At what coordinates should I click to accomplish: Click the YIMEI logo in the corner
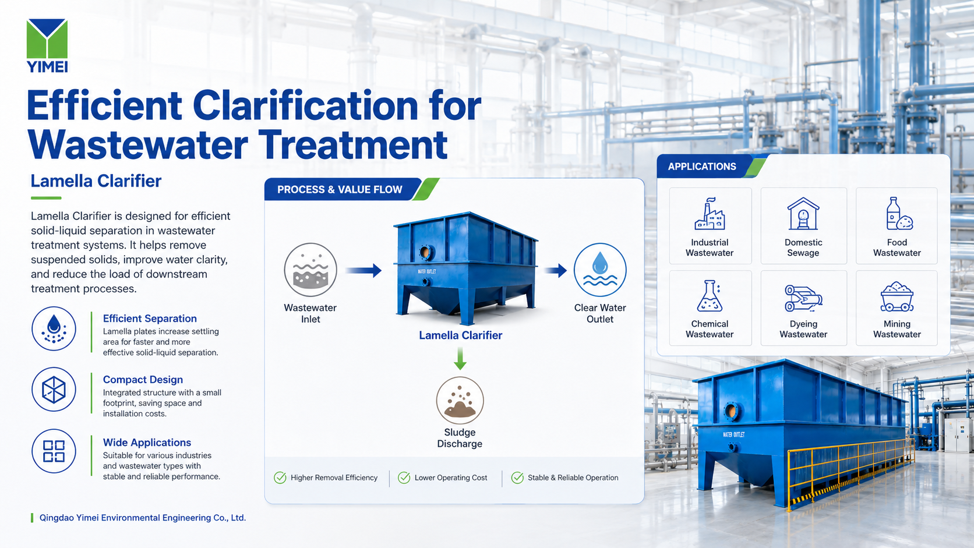[x=47, y=45]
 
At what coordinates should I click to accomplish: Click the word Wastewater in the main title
[x=137, y=144]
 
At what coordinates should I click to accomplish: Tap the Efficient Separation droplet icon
[x=54, y=329]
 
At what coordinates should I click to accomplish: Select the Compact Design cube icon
[x=54, y=390]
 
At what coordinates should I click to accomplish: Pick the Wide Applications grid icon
[x=54, y=451]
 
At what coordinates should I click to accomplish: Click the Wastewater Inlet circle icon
[x=310, y=270]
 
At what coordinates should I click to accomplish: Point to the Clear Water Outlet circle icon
[x=600, y=270]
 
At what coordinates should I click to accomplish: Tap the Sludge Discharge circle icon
[x=460, y=400]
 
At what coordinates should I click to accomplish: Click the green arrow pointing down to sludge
[x=460, y=359]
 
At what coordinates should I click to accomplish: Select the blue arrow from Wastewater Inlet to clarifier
[x=364, y=270]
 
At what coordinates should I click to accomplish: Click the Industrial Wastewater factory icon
[x=710, y=214]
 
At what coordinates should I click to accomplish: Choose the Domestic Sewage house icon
[x=803, y=214]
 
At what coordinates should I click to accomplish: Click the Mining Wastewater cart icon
[x=897, y=297]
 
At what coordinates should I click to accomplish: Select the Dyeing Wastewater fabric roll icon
[x=803, y=298]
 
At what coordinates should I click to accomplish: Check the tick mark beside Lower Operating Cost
[x=404, y=478]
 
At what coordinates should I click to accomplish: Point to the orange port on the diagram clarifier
[x=425, y=252]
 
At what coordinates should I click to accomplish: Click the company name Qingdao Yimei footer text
[x=143, y=518]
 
